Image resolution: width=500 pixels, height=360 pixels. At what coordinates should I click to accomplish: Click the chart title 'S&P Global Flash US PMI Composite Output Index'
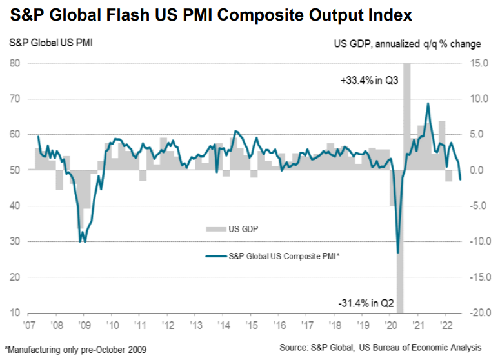(x=211, y=15)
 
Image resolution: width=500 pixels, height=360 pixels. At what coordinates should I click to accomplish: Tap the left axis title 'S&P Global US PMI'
(x=51, y=43)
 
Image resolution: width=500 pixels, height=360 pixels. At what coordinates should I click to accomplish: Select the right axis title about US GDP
(x=408, y=44)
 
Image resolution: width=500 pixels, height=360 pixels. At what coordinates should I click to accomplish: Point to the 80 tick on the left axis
(x=15, y=63)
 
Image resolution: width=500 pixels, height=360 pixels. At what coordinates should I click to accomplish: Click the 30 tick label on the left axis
(x=15, y=241)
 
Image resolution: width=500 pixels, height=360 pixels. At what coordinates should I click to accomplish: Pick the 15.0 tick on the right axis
(x=479, y=63)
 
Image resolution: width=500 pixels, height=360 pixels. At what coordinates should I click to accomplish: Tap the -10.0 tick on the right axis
(x=479, y=241)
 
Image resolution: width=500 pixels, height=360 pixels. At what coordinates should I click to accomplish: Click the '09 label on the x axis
(x=84, y=325)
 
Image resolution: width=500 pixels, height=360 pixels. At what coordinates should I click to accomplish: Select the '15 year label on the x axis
(x=252, y=325)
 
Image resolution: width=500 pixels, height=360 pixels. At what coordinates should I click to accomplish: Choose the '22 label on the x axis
(x=446, y=325)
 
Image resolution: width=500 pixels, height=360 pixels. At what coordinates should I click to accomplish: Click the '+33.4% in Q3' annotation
(x=369, y=80)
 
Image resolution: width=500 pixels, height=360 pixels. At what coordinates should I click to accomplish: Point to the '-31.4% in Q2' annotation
(x=366, y=303)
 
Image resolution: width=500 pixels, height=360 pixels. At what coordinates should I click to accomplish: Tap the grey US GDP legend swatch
(x=216, y=229)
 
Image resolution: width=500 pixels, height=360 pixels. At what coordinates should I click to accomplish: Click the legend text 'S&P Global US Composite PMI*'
(x=284, y=256)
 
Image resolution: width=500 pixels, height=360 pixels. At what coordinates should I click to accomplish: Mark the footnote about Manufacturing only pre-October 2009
(x=75, y=350)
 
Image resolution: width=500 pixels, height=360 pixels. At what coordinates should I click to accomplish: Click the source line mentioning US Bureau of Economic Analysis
(x=381, y=347)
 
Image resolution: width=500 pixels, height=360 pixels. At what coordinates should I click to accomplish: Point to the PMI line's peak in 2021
(x=428, y=103)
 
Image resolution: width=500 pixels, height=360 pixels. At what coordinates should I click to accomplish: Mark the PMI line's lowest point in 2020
(x=398, y=253)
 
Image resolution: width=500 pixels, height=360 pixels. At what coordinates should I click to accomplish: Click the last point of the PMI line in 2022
(x=460, y=179)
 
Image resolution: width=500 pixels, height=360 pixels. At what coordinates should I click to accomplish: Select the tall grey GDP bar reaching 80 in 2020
(x=407, y=116)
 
